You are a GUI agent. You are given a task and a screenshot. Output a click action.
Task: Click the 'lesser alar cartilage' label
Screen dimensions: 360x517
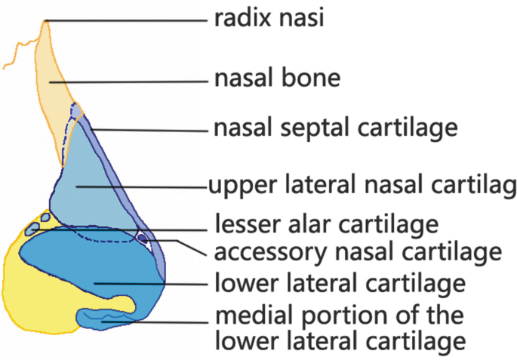327,224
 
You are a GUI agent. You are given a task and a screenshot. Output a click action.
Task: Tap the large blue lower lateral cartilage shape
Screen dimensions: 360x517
91,264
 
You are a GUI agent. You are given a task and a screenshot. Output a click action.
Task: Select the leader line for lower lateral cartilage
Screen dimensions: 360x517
151,285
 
